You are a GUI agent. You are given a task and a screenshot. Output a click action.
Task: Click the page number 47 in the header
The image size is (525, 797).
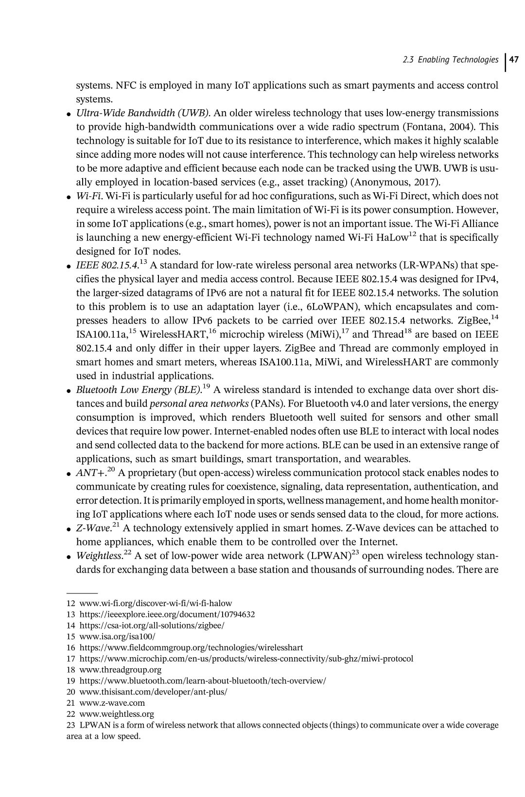514,60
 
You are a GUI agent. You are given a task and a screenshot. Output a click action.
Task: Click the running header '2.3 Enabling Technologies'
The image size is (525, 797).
451,60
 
